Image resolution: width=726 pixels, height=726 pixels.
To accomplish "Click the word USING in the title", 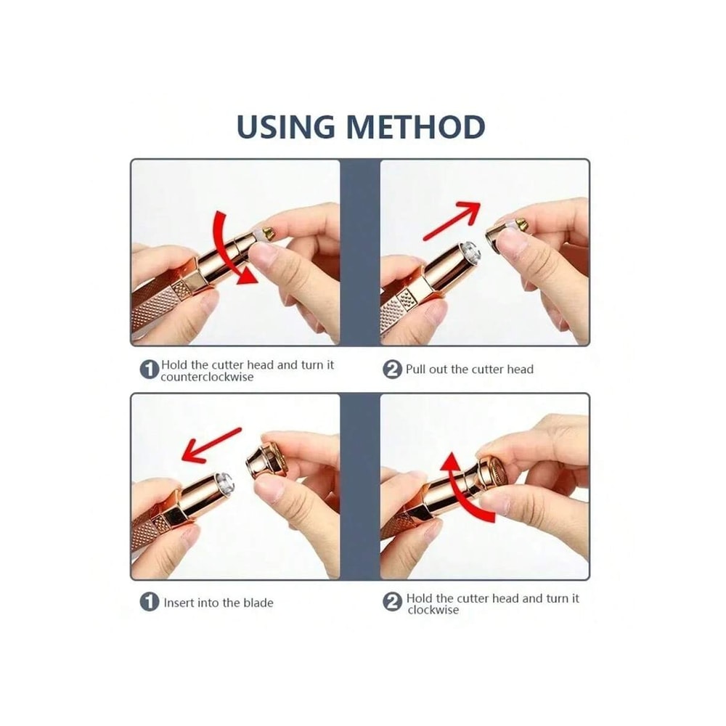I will point(286,127).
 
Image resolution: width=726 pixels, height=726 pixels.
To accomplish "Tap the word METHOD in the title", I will point(415,127).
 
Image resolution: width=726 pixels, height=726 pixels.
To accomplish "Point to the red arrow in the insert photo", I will point(211,444).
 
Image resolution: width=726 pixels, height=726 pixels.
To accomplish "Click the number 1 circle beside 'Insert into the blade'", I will point(150,602).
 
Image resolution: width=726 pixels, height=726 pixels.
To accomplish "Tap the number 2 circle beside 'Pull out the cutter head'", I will point(392,370).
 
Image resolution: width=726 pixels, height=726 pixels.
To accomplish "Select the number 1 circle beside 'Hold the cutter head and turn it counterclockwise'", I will point(150,370).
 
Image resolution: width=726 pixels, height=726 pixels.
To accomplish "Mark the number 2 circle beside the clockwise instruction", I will point(392,603).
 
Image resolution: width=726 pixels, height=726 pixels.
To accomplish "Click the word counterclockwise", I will point(208,377).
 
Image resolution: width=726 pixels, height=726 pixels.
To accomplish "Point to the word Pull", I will point(416,370).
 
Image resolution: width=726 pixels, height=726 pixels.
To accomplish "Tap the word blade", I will point(257,603).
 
